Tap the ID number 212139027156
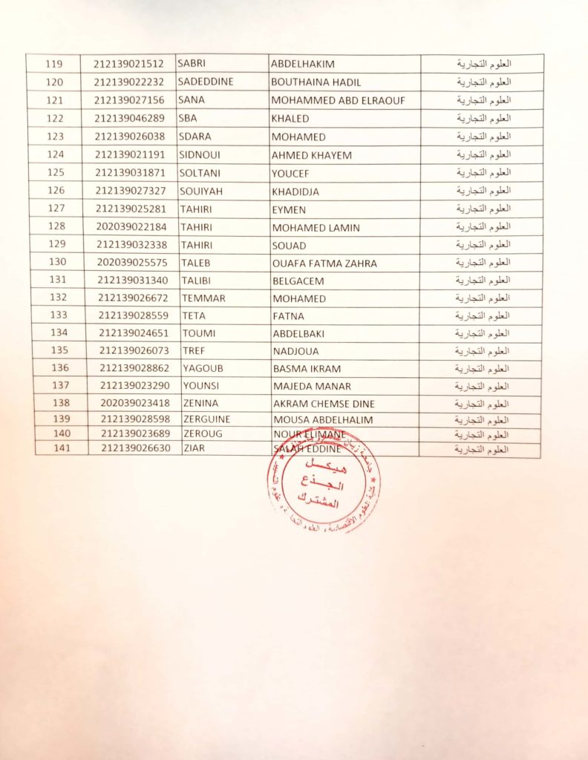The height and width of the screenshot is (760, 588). [129, 100]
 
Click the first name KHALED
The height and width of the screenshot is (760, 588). [290, 119]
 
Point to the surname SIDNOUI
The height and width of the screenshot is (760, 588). [200, 154]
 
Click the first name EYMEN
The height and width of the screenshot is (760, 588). [290, 209]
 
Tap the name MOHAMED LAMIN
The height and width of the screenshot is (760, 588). [316, 227]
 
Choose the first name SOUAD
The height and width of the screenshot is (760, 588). [289, 245]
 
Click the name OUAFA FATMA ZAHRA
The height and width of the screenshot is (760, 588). [324, 263]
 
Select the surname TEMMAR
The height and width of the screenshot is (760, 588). [203, 298]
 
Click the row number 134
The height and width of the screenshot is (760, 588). [59, 333]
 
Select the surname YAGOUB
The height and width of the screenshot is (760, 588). [202, 368]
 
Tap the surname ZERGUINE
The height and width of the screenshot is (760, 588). [206, 419]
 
